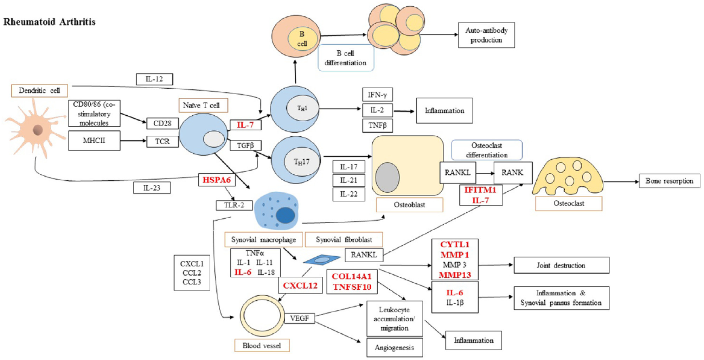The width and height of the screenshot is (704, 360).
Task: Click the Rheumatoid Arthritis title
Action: pos(50,22)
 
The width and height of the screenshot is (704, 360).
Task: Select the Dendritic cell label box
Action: pos(39,91)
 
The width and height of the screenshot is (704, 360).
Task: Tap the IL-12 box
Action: pos(154,79)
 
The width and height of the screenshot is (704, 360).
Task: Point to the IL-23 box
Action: pos(152,188)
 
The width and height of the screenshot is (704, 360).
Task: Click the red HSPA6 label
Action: pos(217,180)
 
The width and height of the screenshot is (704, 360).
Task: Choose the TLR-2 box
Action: pos(234,205)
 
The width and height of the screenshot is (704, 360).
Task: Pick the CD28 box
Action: pos(162,123)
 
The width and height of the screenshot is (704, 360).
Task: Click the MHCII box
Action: pos(94,141)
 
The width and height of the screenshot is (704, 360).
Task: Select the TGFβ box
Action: pos(245,145)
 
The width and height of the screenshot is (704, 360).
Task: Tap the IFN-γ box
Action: pos(377,95)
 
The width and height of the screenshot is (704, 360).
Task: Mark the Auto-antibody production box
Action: pos(486,35)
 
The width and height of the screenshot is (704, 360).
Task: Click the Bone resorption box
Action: pos(669,181)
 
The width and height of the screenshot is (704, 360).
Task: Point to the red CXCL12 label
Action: pos(300,285)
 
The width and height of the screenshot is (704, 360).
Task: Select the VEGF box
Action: pos(299,318)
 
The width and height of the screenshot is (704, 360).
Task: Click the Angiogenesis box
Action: pos(394,348)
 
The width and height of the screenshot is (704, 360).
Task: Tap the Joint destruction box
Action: pos(561,265)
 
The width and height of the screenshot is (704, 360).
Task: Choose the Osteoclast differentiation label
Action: pos(487,150)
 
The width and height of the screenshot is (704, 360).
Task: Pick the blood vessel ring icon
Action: pos(262,315)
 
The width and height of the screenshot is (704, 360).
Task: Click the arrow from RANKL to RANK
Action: pos(485,173)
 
